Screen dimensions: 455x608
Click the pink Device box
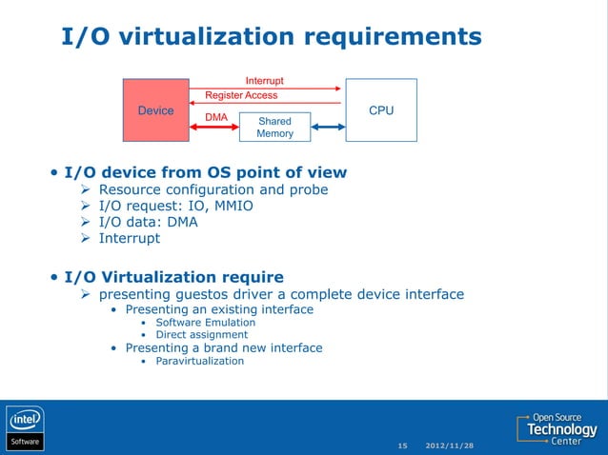[x=155, y=110]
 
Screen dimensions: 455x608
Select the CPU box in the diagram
[x=380, y=110]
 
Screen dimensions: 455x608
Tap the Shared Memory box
[x=274, y=128]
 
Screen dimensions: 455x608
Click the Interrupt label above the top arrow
[x=264, y=81]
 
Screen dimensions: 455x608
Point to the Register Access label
[x=242, y=95]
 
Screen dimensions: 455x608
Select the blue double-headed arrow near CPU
[x=327, y=128]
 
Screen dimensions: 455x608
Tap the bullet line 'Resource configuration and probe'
[x=213, y=189]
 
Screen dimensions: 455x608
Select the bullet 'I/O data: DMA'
[x=149, y=222]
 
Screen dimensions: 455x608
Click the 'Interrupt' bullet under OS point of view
[x=130, y=238]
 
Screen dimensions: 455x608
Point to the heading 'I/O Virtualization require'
[x=173, y=277]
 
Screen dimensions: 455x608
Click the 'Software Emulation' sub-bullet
[x=205, y=322]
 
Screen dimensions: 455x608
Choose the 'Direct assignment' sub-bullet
[x=201, y=334]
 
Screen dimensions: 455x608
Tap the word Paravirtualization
[x=199, y=361]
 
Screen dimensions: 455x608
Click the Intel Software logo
[x=26, y=428]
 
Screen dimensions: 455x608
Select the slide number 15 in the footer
[x=402, y=445]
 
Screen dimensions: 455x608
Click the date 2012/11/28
[x=449, y=445]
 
